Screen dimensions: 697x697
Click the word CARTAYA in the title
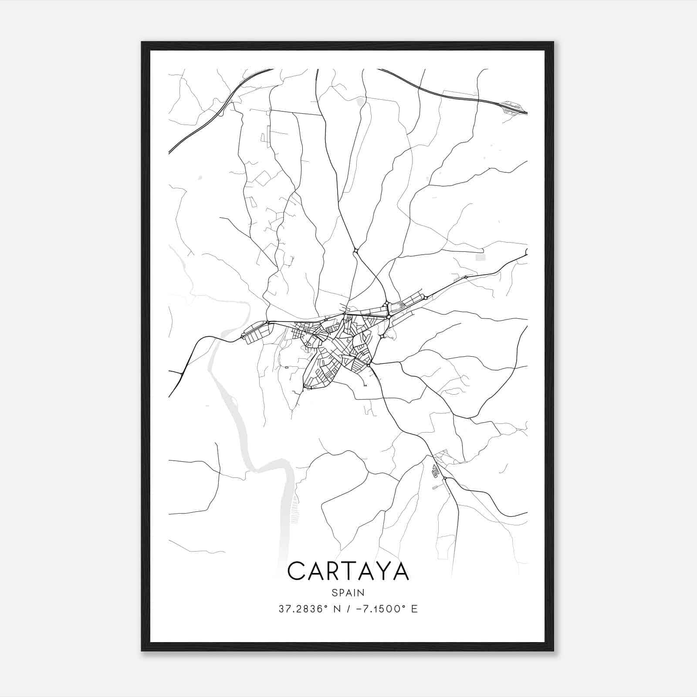click(x=348, y=571)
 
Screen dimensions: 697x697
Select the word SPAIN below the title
click(x=348, y=592)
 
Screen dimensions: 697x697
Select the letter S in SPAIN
click(x=334, y=592)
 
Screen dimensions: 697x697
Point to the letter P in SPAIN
click(x=341, y=592)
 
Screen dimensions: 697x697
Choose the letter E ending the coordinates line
click(x=414, y=609)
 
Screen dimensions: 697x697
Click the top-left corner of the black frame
click(x=142, y=43)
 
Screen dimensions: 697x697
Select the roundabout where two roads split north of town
click(x=356, y=250)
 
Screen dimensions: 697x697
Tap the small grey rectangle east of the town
click(x=480, y=257)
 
